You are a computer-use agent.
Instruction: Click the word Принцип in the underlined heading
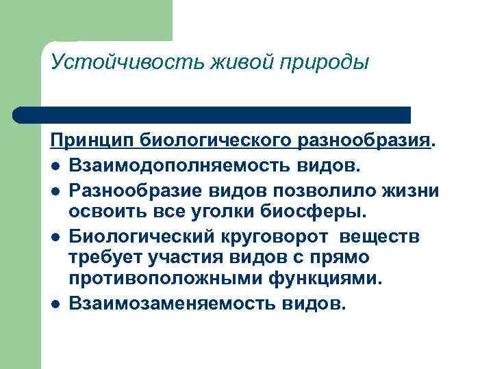(x=92, y=141)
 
